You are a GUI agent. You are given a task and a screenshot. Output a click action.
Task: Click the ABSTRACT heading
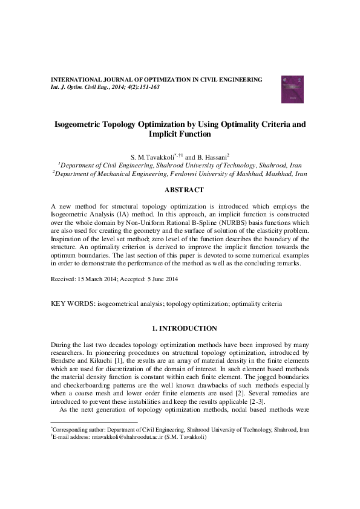click(180, 189)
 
